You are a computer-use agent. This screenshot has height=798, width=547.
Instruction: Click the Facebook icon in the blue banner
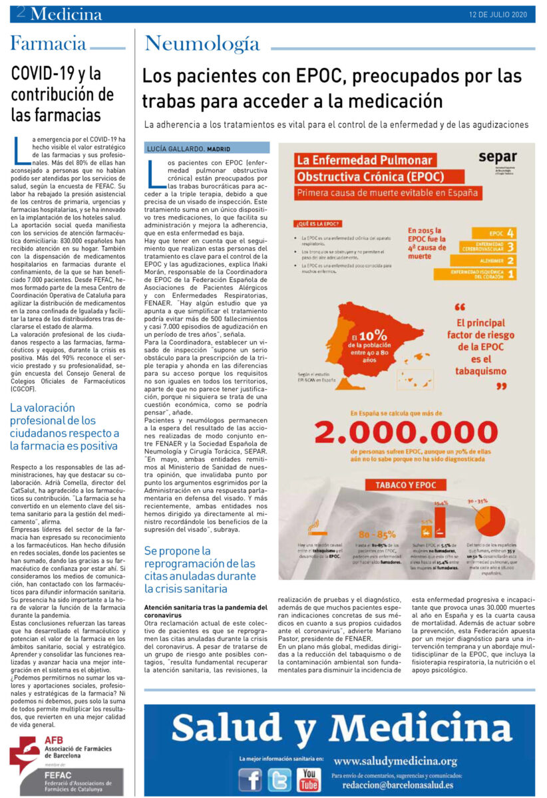pos(250,779)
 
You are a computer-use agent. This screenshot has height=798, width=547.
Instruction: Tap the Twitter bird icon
pos(279,779)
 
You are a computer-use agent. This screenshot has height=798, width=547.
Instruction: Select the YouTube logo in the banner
pos(308,779)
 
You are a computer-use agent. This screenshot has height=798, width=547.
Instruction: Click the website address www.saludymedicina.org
pos(395,761)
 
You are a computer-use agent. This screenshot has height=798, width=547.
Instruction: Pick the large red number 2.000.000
pos(407,432)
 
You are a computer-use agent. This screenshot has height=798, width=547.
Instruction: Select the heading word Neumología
pos(202,45)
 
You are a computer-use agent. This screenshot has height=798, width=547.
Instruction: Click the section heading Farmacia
pos(48,45)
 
